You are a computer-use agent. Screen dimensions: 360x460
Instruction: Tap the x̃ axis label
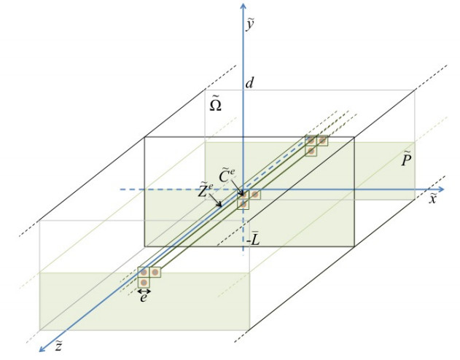coord(432,199)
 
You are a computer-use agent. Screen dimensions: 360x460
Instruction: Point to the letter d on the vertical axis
coord(249,85)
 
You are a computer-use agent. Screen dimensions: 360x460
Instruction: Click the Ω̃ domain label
coord(216,105)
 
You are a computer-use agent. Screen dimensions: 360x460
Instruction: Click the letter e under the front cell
coord(144,297)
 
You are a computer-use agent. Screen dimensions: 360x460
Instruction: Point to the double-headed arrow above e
coord(144,291)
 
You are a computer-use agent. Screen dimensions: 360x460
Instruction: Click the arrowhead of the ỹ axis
coord(243,7)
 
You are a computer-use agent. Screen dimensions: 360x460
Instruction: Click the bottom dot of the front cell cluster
coord(144,281)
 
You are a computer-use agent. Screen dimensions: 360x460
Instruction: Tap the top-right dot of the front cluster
coord(155,272)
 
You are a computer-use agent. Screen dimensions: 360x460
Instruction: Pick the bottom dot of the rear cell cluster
coord(311,150)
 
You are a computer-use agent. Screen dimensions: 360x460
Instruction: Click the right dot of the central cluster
coord(255,195)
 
